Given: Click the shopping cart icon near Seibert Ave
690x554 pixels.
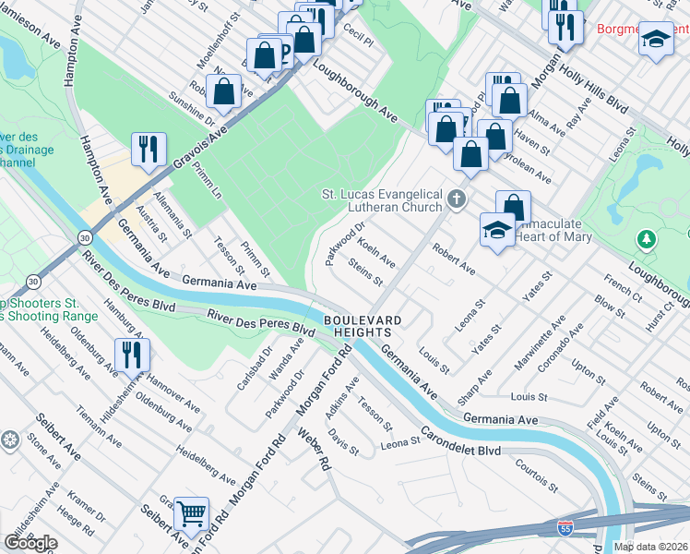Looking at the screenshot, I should [x=191, y=512].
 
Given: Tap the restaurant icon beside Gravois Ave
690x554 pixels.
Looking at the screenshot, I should [x=149, y=148].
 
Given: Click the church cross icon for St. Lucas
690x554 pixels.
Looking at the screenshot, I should [x=455, y=199].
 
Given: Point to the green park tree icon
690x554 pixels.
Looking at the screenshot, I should [x=648, y=240].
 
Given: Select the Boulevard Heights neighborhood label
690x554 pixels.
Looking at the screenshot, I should [x=363, y=326].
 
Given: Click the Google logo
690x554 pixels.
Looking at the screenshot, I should [x=30, y=543].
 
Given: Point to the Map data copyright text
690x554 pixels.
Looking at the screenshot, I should [x=651, y=547].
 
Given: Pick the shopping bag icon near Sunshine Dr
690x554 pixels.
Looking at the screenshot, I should [x=224, y=91].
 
